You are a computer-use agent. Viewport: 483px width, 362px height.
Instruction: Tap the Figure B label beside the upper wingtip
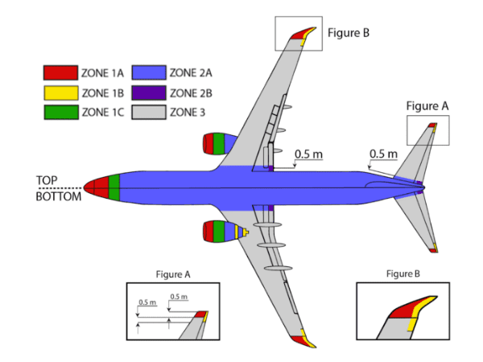click(x=349, y=33)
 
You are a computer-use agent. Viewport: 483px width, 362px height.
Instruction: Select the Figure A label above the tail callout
click(x=427, y=105)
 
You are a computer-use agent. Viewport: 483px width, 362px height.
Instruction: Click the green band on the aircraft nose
click(x=114, y=187)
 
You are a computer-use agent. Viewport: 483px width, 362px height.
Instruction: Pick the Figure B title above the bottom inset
click(x=402, y=274)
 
